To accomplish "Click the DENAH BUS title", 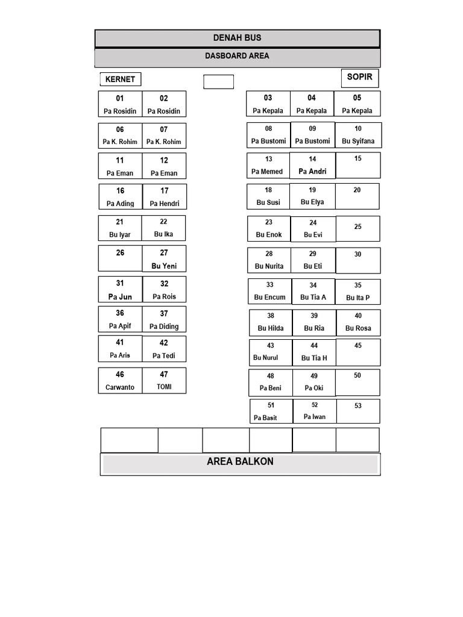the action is [x=237, y=38].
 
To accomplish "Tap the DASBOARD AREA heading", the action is [x=237, y=56].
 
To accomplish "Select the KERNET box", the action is [x=121, y=79].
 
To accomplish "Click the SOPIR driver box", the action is [x=360, y=78].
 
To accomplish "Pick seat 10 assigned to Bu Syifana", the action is [x=358, y=135].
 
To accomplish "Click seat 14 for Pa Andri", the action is [x=313, y=166].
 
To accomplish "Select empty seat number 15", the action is [x=358, y=165].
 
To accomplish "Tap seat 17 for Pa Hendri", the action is [x=164, y=197].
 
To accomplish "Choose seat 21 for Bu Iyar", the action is [x=120, y=228].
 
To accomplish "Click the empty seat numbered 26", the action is [x=120, y=258].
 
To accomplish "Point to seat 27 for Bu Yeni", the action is [x=164, y=258].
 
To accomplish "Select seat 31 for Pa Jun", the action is [x=120, y=289].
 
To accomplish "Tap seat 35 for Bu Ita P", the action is [x=358, y=292].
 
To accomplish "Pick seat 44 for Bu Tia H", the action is [x=314, y=352].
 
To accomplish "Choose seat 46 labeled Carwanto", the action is [x=120, y=381].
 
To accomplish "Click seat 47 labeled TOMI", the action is [x=164, y=381].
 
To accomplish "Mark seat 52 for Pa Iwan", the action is [x=315, y=411].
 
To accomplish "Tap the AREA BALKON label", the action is [x=240, y=462].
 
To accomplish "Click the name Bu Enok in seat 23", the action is [x=269, y=234].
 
